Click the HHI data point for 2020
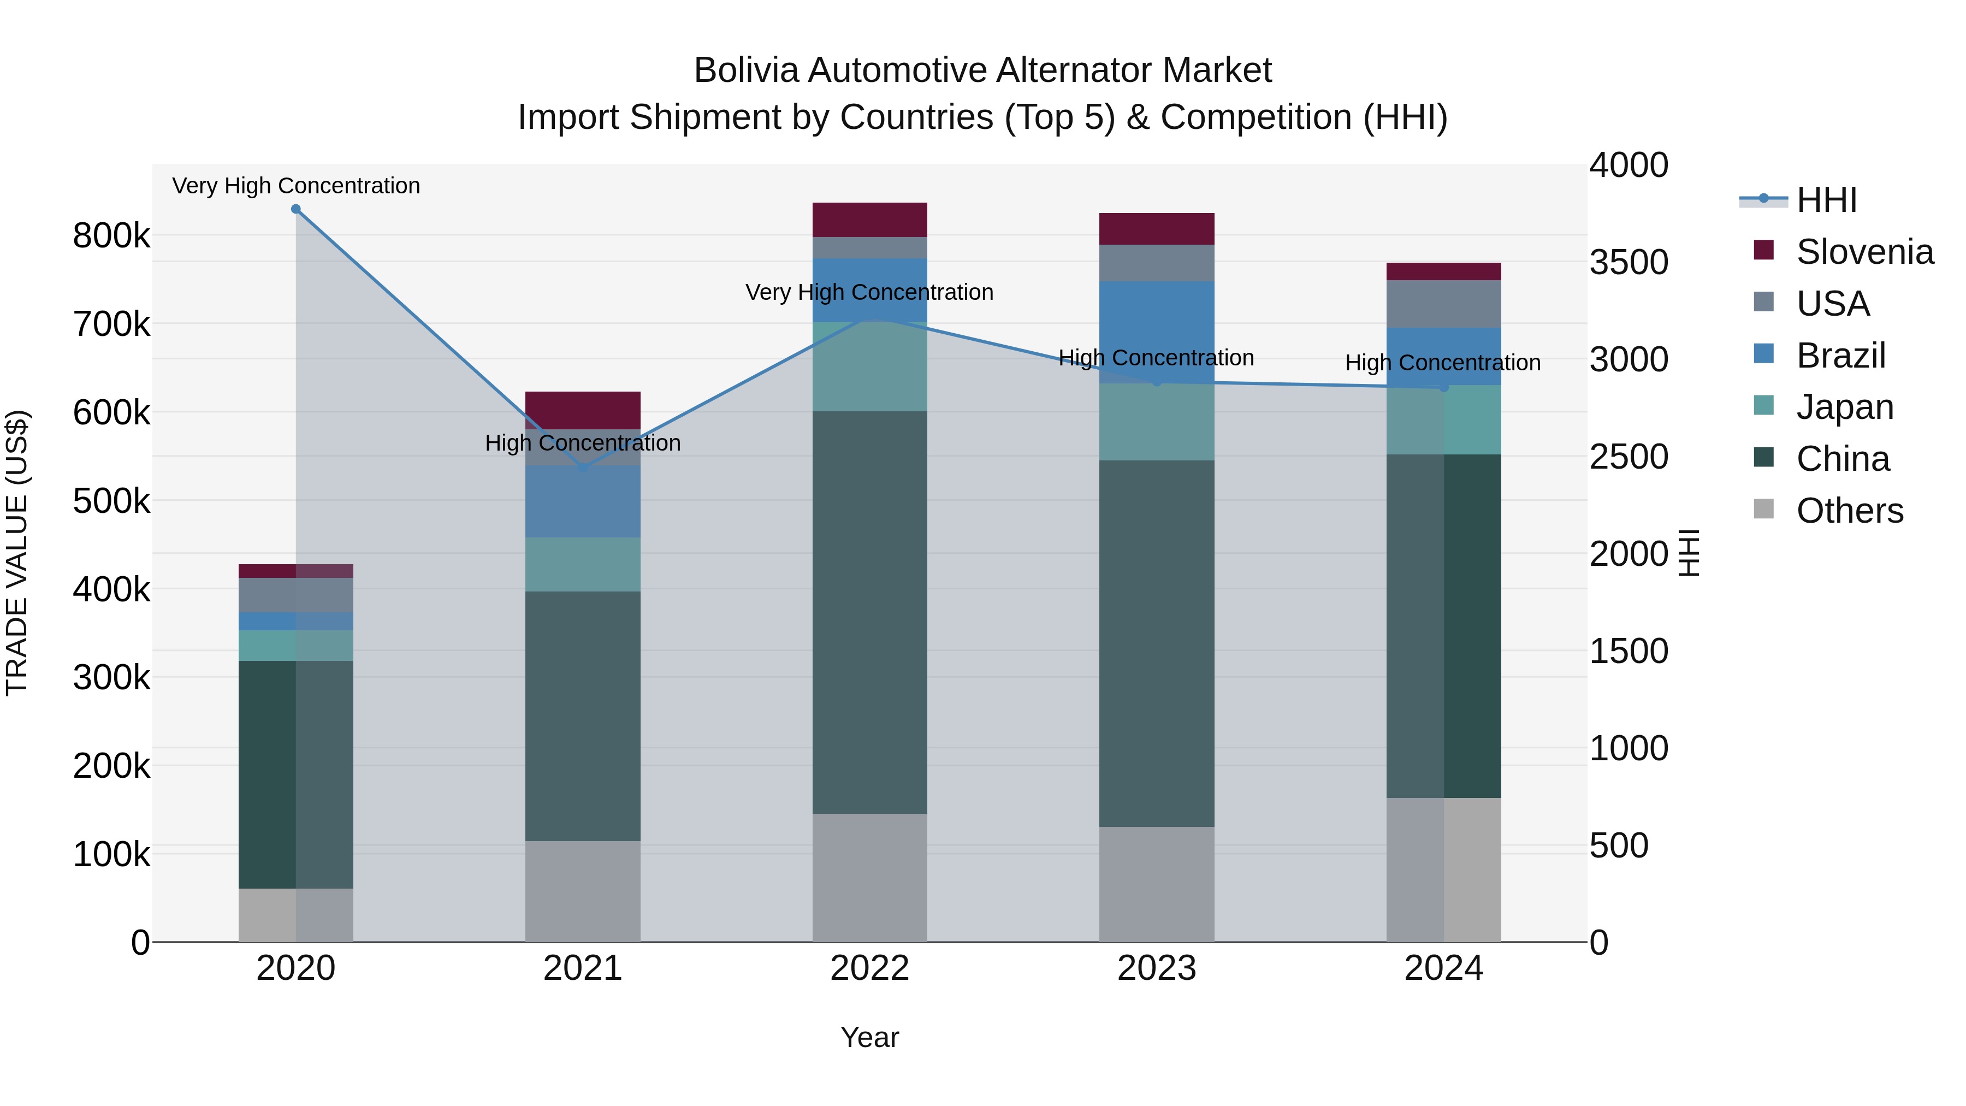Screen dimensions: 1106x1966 [x=296, y=209]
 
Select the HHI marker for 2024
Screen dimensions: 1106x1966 [x=1443, y=388]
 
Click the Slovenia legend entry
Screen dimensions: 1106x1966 [x=1864, y=252]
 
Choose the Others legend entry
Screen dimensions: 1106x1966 [x=1849, y=511]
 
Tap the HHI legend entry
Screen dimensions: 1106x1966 [x=1826, y=200]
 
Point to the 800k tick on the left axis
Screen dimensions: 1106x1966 [x=111, y=236]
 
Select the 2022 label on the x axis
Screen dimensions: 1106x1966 [x=869, y=968]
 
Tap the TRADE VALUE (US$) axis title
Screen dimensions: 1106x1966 [x=17, y=553]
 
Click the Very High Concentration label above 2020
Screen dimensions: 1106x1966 [x=296, y=186]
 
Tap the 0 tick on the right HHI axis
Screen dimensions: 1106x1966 [x=1599, y=943]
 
